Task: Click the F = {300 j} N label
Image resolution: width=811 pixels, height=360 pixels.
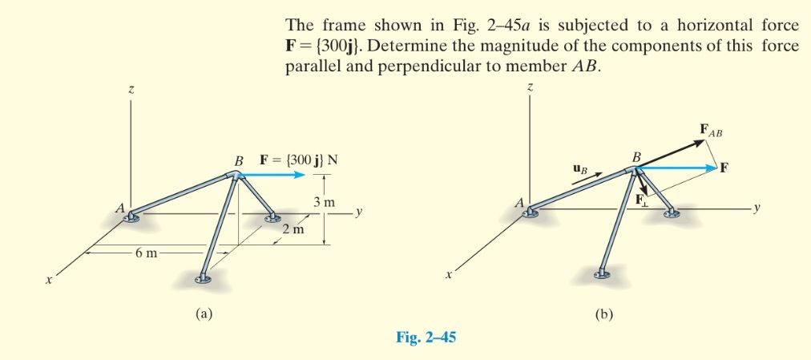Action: pos(298,159)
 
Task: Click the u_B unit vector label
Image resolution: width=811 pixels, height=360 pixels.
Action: pos(581,169)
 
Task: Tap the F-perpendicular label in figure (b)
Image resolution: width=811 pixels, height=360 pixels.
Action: pos(642,201)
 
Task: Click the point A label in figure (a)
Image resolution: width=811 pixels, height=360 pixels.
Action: pos(119,208)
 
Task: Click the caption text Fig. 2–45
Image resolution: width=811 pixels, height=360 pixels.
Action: pos(426,338)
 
